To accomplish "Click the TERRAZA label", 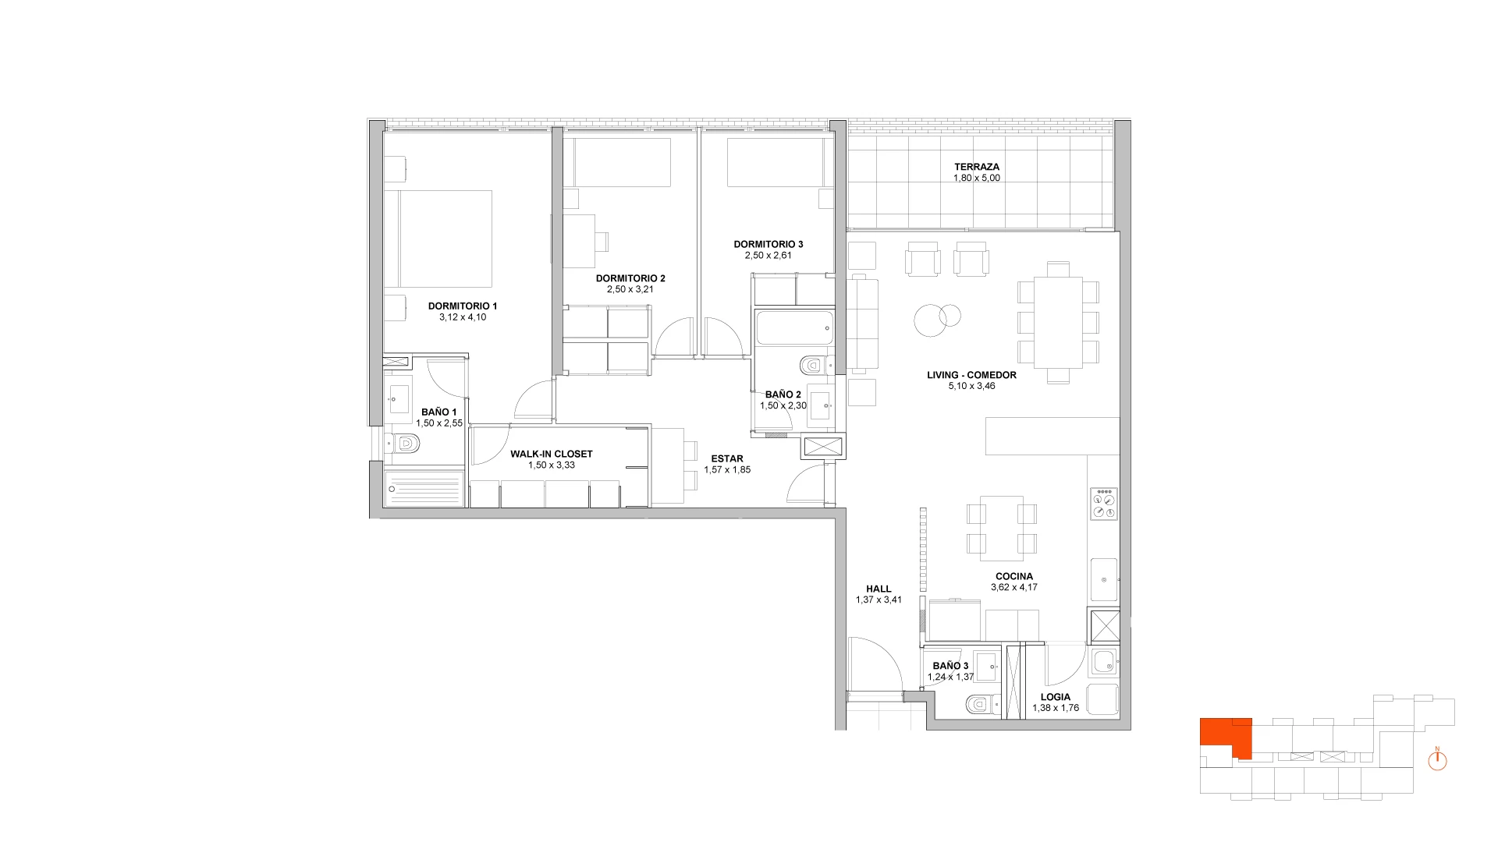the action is click(976, 167).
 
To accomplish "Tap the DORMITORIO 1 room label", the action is click(463, 306).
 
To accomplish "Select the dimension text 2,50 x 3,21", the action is click(630, 289).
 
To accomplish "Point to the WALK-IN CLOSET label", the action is click(552, 454).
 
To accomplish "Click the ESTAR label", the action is click(727, 459).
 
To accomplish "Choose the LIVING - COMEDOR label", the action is click(971, 375).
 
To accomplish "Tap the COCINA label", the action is click(1014, 577).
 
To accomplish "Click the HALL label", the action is click(879, 589).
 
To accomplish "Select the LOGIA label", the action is click(1056, 697).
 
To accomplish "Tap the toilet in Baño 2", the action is click(815, 365).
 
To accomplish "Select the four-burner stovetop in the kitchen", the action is click(1105, 504).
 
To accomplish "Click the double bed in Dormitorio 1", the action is click(445, 239).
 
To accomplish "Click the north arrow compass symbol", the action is click(1437, 760).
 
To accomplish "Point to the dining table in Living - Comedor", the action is click(1058, 323).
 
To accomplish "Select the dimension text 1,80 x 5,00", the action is click(976, 178).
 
